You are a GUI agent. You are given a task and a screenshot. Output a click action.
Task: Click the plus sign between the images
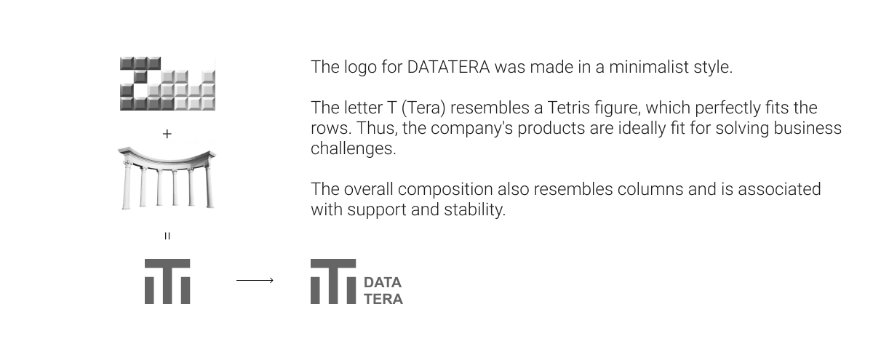(167, 134)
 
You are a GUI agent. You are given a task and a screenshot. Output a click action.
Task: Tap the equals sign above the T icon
(167, 236)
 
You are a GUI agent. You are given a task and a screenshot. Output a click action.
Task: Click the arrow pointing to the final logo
(255, 280)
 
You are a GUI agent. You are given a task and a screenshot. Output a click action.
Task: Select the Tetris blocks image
(167, 84)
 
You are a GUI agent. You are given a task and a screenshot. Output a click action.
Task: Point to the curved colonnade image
(167, 177)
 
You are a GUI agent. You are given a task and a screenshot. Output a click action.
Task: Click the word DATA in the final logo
(383, 282)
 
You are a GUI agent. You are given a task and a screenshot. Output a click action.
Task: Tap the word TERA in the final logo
(383, 299)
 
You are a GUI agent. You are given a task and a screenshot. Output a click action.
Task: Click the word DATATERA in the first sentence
(448, 67)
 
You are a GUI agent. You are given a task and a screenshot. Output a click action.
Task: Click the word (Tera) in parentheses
(423, 108)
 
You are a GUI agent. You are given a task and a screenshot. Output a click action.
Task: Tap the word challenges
(354, 149)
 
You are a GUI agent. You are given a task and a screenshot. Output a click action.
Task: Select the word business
(808, 128)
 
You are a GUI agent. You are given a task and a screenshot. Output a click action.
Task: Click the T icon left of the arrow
(167, 281)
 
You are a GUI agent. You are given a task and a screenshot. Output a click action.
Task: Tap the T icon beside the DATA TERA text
(333, 281)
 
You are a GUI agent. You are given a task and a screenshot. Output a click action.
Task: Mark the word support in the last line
(377, 210)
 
